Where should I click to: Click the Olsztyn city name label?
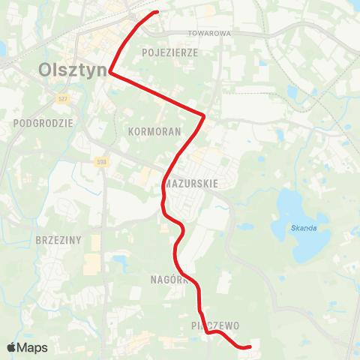pyautogui.click(x=70, y=71)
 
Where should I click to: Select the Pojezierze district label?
pyautogui.click(x=169, y=53)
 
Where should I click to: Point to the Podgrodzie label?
pyautogui.click(x=43, y=121)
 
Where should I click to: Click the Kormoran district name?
pyautogui.click(x=154, y=130)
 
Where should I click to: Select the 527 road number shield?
pyautogui.click(x=64, y=99)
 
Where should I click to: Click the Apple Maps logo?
pyautogui.click(x=12, y=348)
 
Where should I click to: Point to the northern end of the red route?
pyautogui.click(x=157, y=12)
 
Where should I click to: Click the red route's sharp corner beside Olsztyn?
pyautogui.click(x=110, y=73)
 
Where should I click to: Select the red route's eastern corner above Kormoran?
pyautogui.click(x=204, y=115)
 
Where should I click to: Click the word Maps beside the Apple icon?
pyautogui.click(x=33, y=348)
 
